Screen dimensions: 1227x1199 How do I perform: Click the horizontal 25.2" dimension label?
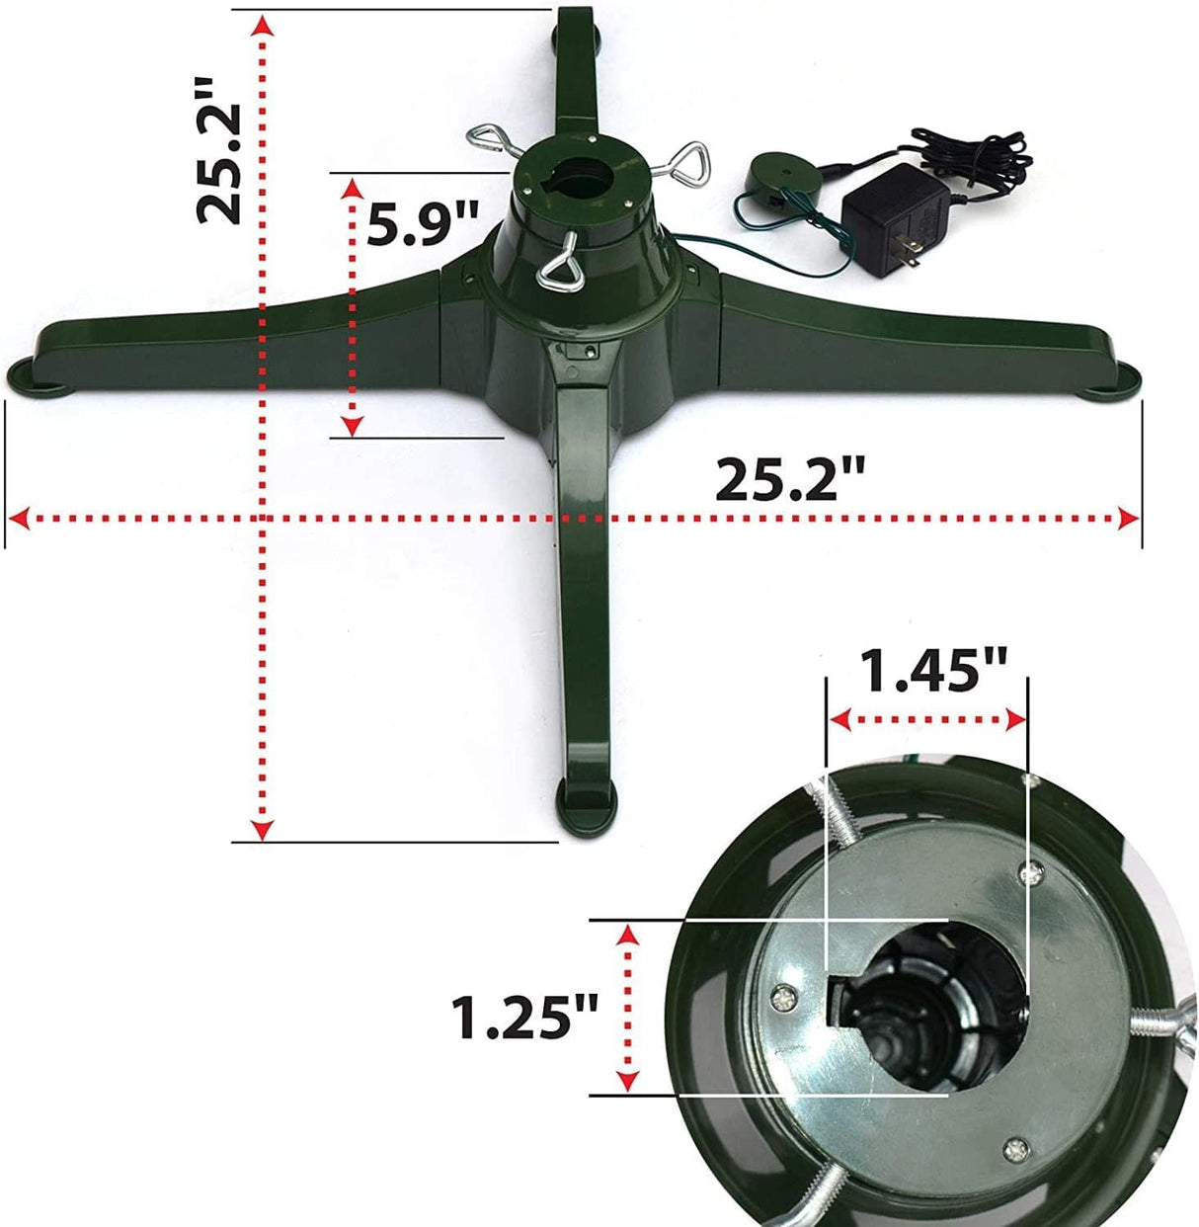click(790, 481)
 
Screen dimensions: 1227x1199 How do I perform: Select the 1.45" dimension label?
click(933, 672)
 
